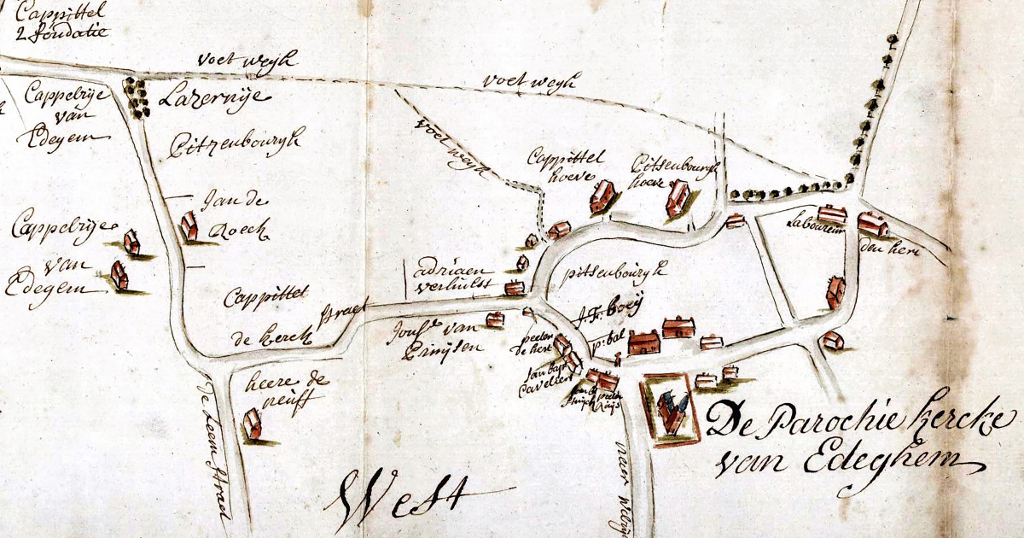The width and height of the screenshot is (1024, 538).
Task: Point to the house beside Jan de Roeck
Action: (x=189, y=227)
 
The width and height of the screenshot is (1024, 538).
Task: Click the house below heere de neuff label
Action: (x=253, y=424)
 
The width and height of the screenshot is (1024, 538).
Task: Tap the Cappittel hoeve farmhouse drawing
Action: (x=602, y=196)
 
